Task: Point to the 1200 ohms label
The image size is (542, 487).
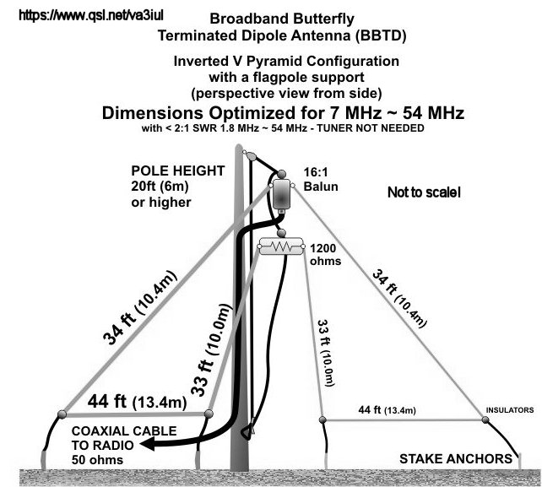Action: pos(327,255)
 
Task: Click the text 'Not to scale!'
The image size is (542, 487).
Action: pos(424,192)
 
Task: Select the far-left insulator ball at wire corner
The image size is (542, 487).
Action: pos(62,414)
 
